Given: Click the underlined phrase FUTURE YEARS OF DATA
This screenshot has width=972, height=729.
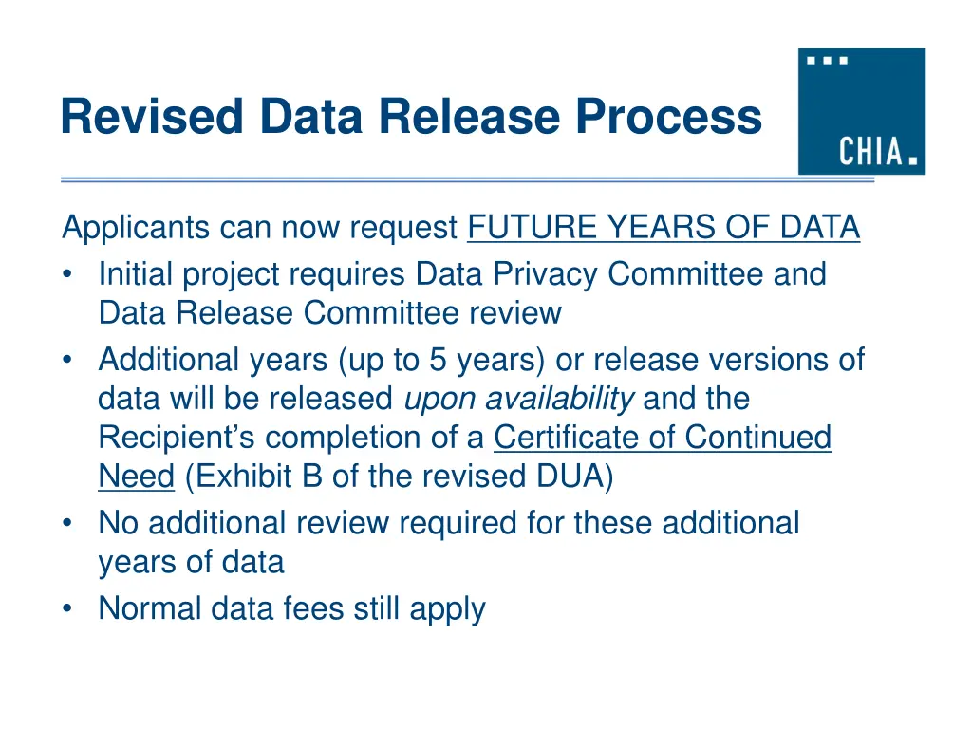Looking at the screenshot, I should pyautogui.click(x=664, y=228).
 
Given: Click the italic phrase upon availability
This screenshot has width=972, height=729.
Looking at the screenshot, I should pyautogui.click(x=519, y=400).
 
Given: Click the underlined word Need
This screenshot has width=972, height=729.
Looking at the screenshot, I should pyautogui.click(x=136, y=477).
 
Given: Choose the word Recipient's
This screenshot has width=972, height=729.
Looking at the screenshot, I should pyautogui.click(x=177, y=438).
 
